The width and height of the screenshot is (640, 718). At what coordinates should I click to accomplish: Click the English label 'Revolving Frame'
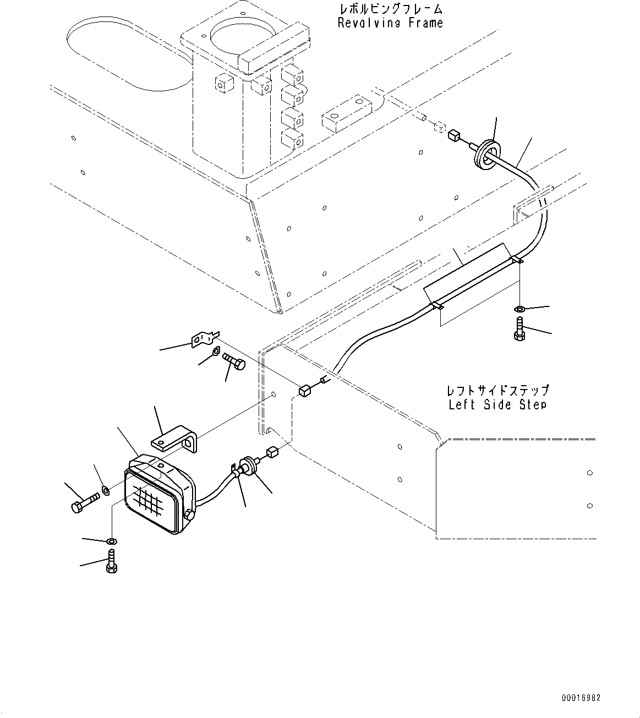coord(390,23)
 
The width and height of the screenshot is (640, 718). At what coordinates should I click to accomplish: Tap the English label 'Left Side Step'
coord(497,404)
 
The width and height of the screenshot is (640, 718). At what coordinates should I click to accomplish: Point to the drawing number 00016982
coord(581,698)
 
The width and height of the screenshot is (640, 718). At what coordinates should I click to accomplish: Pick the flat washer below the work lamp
coord(112,541)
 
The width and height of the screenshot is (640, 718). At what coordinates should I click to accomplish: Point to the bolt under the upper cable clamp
coord(519,328)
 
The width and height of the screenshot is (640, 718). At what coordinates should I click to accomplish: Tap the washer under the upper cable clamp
coord(518,309)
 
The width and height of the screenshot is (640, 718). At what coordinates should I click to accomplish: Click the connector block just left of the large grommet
coord(454,136)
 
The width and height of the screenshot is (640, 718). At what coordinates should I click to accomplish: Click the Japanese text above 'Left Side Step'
coord(498,390)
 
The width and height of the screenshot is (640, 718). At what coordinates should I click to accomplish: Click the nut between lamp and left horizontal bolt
coord(105,491)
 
